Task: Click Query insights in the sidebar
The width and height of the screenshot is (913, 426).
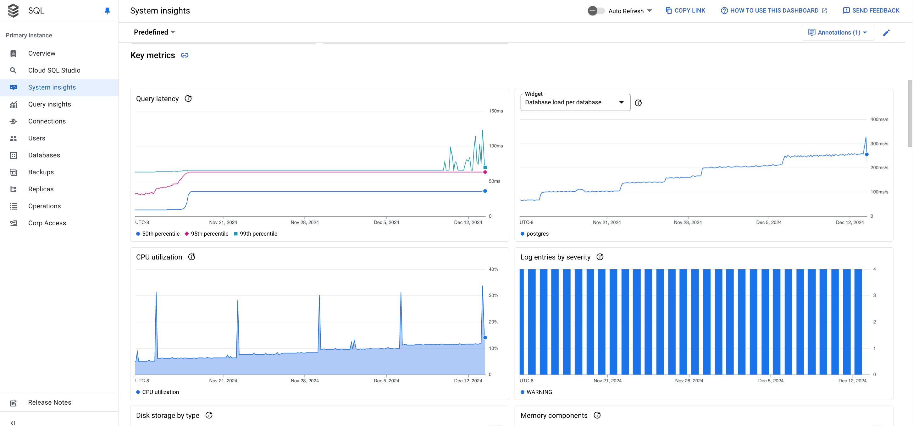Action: click(x=49, y=104)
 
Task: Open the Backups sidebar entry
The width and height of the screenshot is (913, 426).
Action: click(x=41, y=172)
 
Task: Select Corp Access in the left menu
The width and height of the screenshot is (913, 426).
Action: click(x=47, y=223)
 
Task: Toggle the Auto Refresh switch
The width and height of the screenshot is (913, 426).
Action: click(x=596, y=11)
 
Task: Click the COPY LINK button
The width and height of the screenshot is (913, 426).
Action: click(x=685, y=11)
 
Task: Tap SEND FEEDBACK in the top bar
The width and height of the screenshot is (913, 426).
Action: click(x=871, y=11)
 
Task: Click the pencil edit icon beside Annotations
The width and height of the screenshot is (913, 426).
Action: click(x=886, y=33)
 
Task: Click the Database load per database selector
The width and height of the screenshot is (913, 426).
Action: click(x=575, y=102)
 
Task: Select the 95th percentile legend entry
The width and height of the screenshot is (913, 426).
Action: click(x=207, y=234)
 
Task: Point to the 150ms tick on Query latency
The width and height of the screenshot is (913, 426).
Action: click(x=495, y=111)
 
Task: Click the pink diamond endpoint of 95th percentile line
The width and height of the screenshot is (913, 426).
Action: click(x=485, y=172)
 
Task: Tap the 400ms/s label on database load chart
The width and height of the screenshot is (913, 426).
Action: click(x=879, y=119)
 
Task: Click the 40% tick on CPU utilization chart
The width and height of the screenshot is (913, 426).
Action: click(x=493, y=269)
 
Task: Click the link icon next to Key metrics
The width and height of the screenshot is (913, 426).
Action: click(x=185, y=55)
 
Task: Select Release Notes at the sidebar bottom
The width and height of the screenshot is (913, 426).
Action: click(x=49, y=402)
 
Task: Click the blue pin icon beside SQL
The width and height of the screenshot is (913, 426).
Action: click(x=107, y=11)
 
